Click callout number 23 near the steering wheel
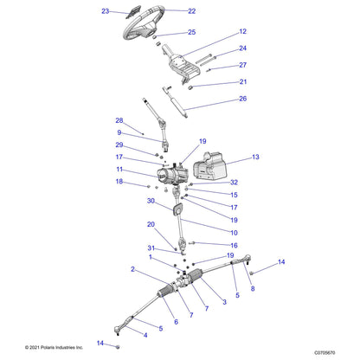tap(105, 11)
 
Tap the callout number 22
tap(192, 11)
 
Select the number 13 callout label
tap(255, 157)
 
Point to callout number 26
tap(243, 99)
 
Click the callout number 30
tap(151, 201)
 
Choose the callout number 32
tap(234, 183)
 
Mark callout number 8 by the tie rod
tap(253, 288)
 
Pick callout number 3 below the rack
tap(224, 302)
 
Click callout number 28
tap(119, 120)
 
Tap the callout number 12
tap(243, 31)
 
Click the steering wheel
tap(144, 23)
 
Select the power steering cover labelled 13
tap(209, 165)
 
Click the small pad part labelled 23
tap(133, 12)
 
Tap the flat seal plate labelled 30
tap(178, 209)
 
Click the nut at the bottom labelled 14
tap(118, 347)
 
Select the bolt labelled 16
tap(192, 243)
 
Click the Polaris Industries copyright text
tap(54, 347)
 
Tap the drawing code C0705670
tap(325, 352)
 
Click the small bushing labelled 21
tap(190, 87)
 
